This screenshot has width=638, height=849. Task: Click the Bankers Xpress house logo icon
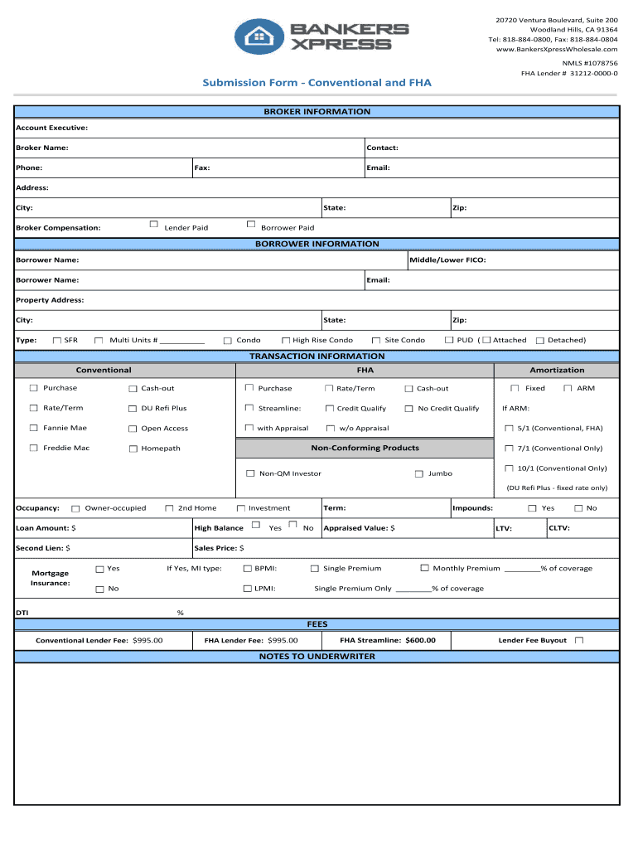(x=259, y=36)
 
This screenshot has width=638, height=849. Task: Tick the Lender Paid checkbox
(x=154, y=225)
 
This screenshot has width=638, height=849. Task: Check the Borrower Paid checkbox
(x=250, y=225)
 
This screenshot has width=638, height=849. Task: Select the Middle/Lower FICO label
(x=448, y=260)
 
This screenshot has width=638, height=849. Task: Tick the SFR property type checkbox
(x=56, y=340)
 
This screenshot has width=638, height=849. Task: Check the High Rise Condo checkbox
(x=285, y=340)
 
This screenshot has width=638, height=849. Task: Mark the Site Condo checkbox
(x=376, y=340)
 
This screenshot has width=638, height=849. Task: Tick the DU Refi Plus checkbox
(x=133, y=408)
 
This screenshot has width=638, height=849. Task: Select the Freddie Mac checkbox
(x=34, y=448)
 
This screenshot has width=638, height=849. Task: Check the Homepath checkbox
(x=133, y=449)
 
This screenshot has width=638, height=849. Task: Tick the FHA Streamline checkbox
(x=249, y=408)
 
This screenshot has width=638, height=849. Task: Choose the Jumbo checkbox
(x=418, y=473)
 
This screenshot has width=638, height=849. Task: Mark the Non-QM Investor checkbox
(x=250, y=473)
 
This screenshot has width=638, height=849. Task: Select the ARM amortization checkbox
(x=568, y=388)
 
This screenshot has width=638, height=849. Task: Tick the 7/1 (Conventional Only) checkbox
(x=510, y=449)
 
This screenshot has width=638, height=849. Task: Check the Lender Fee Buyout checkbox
(x=579, y=640)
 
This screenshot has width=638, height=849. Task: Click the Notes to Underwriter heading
(x=317, y=657)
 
